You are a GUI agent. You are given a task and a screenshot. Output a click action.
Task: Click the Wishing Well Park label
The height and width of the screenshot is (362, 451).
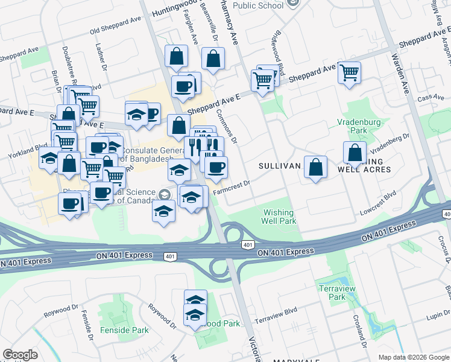pos(278,217)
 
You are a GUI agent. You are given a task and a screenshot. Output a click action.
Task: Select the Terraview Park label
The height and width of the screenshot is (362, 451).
pos(332,293)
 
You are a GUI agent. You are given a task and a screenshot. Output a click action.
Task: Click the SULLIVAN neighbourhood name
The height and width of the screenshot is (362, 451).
pos(279,165)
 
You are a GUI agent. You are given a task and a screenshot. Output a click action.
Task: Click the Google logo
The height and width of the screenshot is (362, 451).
pos(20,355)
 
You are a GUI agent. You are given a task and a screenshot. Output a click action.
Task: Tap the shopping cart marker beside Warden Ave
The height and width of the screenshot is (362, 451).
pos(349,73)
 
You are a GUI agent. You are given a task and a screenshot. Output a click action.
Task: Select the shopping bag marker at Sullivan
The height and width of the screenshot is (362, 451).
pos(315,167)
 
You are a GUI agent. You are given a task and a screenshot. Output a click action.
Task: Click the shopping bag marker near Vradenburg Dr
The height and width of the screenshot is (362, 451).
pos(355,153)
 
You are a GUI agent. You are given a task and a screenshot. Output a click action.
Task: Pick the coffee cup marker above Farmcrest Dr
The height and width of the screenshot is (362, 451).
pos(216,167)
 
